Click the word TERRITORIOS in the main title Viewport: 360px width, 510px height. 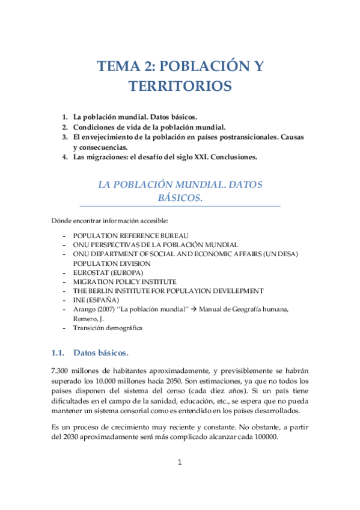180,87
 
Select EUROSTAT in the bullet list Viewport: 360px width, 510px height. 92,272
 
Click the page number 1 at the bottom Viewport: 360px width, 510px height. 179,479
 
